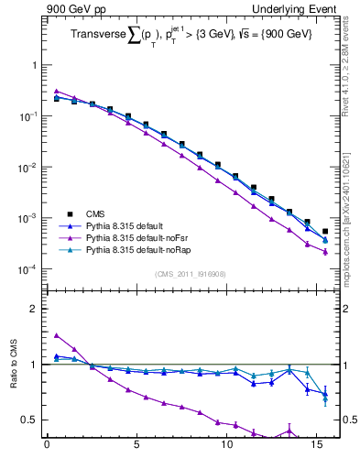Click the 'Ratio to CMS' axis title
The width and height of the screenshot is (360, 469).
(x=14, y=385)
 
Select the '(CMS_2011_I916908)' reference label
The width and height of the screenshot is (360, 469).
(x=189, y=274)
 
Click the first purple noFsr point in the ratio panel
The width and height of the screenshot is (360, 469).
(x=57, y=335)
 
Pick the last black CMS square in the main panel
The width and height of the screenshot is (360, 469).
(x=325, y=232)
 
